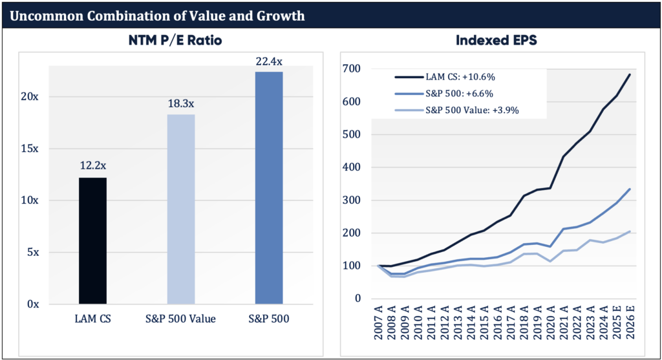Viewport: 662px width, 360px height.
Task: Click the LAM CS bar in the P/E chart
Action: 92,240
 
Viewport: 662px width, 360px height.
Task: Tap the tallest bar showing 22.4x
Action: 269,187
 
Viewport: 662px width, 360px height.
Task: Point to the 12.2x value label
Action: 92,166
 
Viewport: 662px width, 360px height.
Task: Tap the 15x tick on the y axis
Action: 29,148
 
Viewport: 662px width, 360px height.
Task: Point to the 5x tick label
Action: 32,252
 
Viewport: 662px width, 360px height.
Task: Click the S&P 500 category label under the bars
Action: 269,319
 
